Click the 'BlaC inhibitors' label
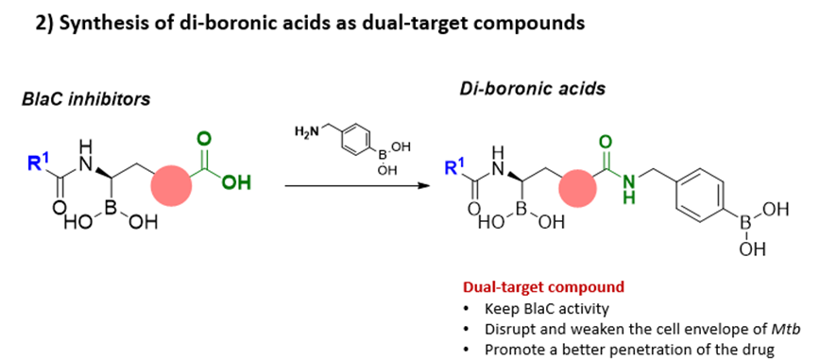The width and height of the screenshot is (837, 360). point(86,99)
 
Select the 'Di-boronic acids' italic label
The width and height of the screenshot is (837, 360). point(532,88)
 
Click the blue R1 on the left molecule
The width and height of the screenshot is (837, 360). point(37,162)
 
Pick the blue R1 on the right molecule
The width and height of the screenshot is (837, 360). point(455,165)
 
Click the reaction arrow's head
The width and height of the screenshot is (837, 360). point(425,186)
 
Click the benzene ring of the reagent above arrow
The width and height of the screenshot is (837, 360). point(354,134)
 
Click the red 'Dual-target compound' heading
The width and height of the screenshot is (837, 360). point(543,287)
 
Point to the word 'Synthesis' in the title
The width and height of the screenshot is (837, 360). point(93,25)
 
